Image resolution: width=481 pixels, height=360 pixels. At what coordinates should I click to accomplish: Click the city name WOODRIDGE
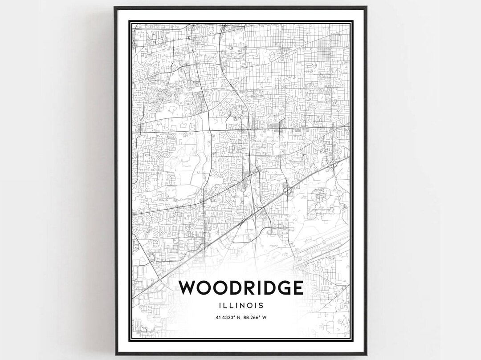240,288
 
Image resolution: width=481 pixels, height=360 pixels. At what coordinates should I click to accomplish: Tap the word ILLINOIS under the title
240,306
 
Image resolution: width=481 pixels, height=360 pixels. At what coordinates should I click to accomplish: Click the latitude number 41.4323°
224,317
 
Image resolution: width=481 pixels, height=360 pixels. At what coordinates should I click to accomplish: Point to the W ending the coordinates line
265,317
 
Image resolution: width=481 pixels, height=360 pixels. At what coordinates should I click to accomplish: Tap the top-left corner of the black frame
115,8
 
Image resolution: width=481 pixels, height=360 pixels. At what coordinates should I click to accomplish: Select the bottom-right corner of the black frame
366,354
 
